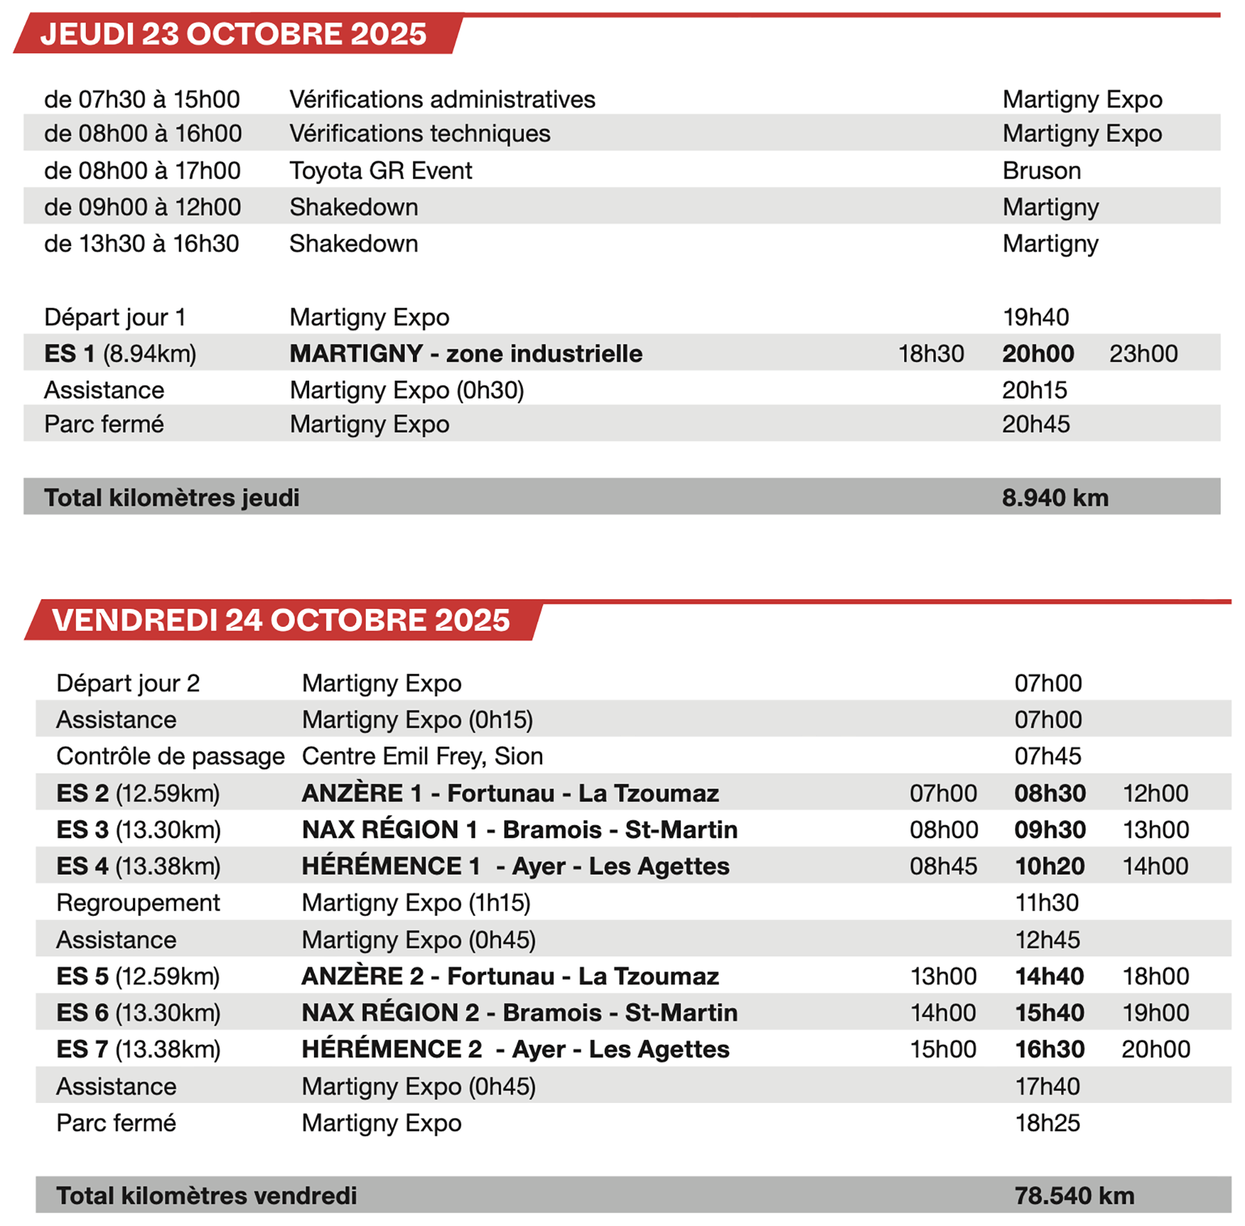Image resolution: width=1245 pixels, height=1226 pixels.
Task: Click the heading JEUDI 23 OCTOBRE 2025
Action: click(233, 34)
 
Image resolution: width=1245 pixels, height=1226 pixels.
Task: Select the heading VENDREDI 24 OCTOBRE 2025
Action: click(281, 620)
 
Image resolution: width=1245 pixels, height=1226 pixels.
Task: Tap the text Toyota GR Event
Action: click(380, 170)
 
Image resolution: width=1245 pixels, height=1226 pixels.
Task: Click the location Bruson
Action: click(1041, 170)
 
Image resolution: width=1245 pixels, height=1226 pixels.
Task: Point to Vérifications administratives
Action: click(442, 99)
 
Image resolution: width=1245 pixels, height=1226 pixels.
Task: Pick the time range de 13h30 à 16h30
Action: click(142, 244)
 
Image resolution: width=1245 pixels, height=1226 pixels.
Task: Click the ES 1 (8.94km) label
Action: click(120, 354)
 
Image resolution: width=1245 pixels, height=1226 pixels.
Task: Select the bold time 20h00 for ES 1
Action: click(1037, 354)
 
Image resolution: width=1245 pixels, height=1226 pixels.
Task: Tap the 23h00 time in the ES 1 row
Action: click(1143, 354)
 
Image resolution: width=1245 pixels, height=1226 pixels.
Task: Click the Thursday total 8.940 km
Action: click(1055, 497)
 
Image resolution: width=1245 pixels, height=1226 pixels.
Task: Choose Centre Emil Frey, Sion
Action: click(422, 756)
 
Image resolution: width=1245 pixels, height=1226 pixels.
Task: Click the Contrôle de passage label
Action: click(170, 756)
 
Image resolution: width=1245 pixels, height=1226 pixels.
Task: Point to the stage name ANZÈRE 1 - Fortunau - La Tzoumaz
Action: click(510, 793)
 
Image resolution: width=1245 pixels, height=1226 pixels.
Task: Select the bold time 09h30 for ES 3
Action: click(1050, 830)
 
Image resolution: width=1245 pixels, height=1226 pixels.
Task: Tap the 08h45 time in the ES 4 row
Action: click(943, 866)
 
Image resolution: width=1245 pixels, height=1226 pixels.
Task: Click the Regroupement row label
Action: click(138, 903)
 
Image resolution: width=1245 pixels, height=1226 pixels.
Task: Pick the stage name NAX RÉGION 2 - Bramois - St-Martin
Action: click(519, 1013)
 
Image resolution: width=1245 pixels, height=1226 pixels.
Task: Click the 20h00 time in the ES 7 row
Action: click(1156, 1050)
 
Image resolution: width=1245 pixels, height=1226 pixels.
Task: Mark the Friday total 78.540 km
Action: click(1074, 1196)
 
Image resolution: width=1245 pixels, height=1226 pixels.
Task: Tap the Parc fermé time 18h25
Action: click(1047, 1123)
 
